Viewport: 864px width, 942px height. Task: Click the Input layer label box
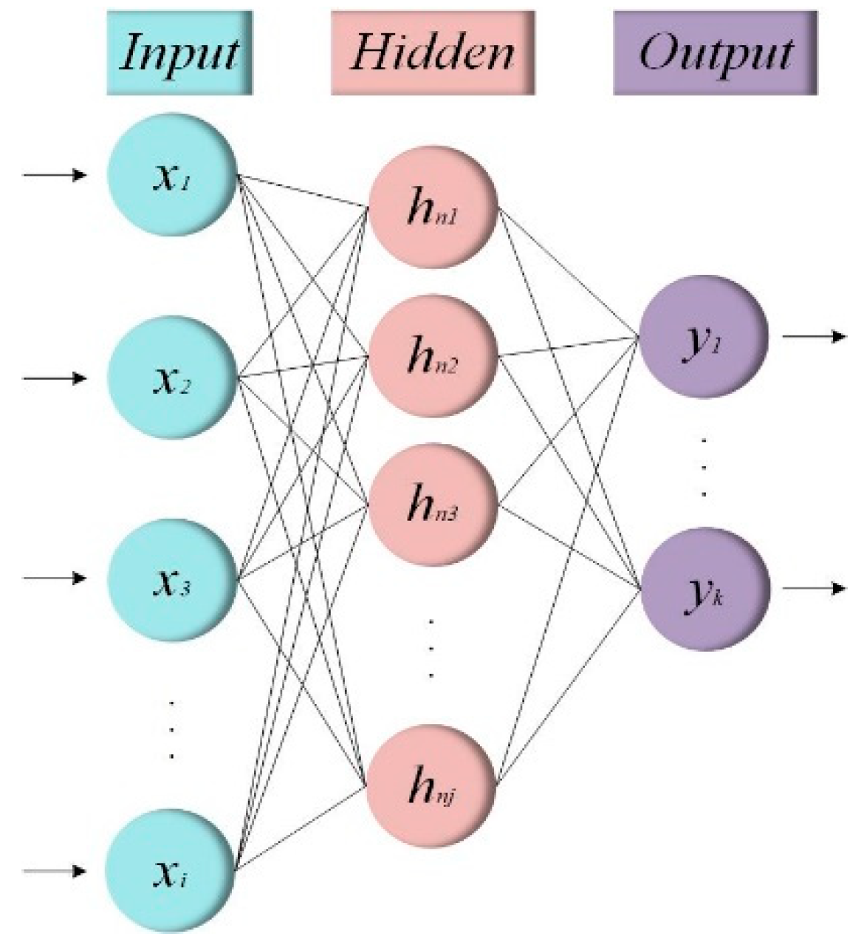[179, 52]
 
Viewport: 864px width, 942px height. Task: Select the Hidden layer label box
[432, 52]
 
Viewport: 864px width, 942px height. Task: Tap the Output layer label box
[715, 52]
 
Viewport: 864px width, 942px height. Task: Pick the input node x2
[172, 379]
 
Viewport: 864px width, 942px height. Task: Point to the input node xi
[172, 872]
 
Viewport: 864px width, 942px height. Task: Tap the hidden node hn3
[433, 506]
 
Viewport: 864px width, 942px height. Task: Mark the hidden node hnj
[433, 788]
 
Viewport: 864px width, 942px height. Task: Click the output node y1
[703, 338]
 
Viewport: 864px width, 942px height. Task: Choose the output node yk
[703, 589]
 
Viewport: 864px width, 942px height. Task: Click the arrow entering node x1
[55, 176]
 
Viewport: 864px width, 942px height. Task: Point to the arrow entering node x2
[55, 378]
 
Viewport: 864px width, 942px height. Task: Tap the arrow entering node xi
[55, 872]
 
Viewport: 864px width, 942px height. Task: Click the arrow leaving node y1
[812, 337]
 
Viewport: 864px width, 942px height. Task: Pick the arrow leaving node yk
[812, 589]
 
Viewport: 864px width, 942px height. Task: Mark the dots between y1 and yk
[704, 465]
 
